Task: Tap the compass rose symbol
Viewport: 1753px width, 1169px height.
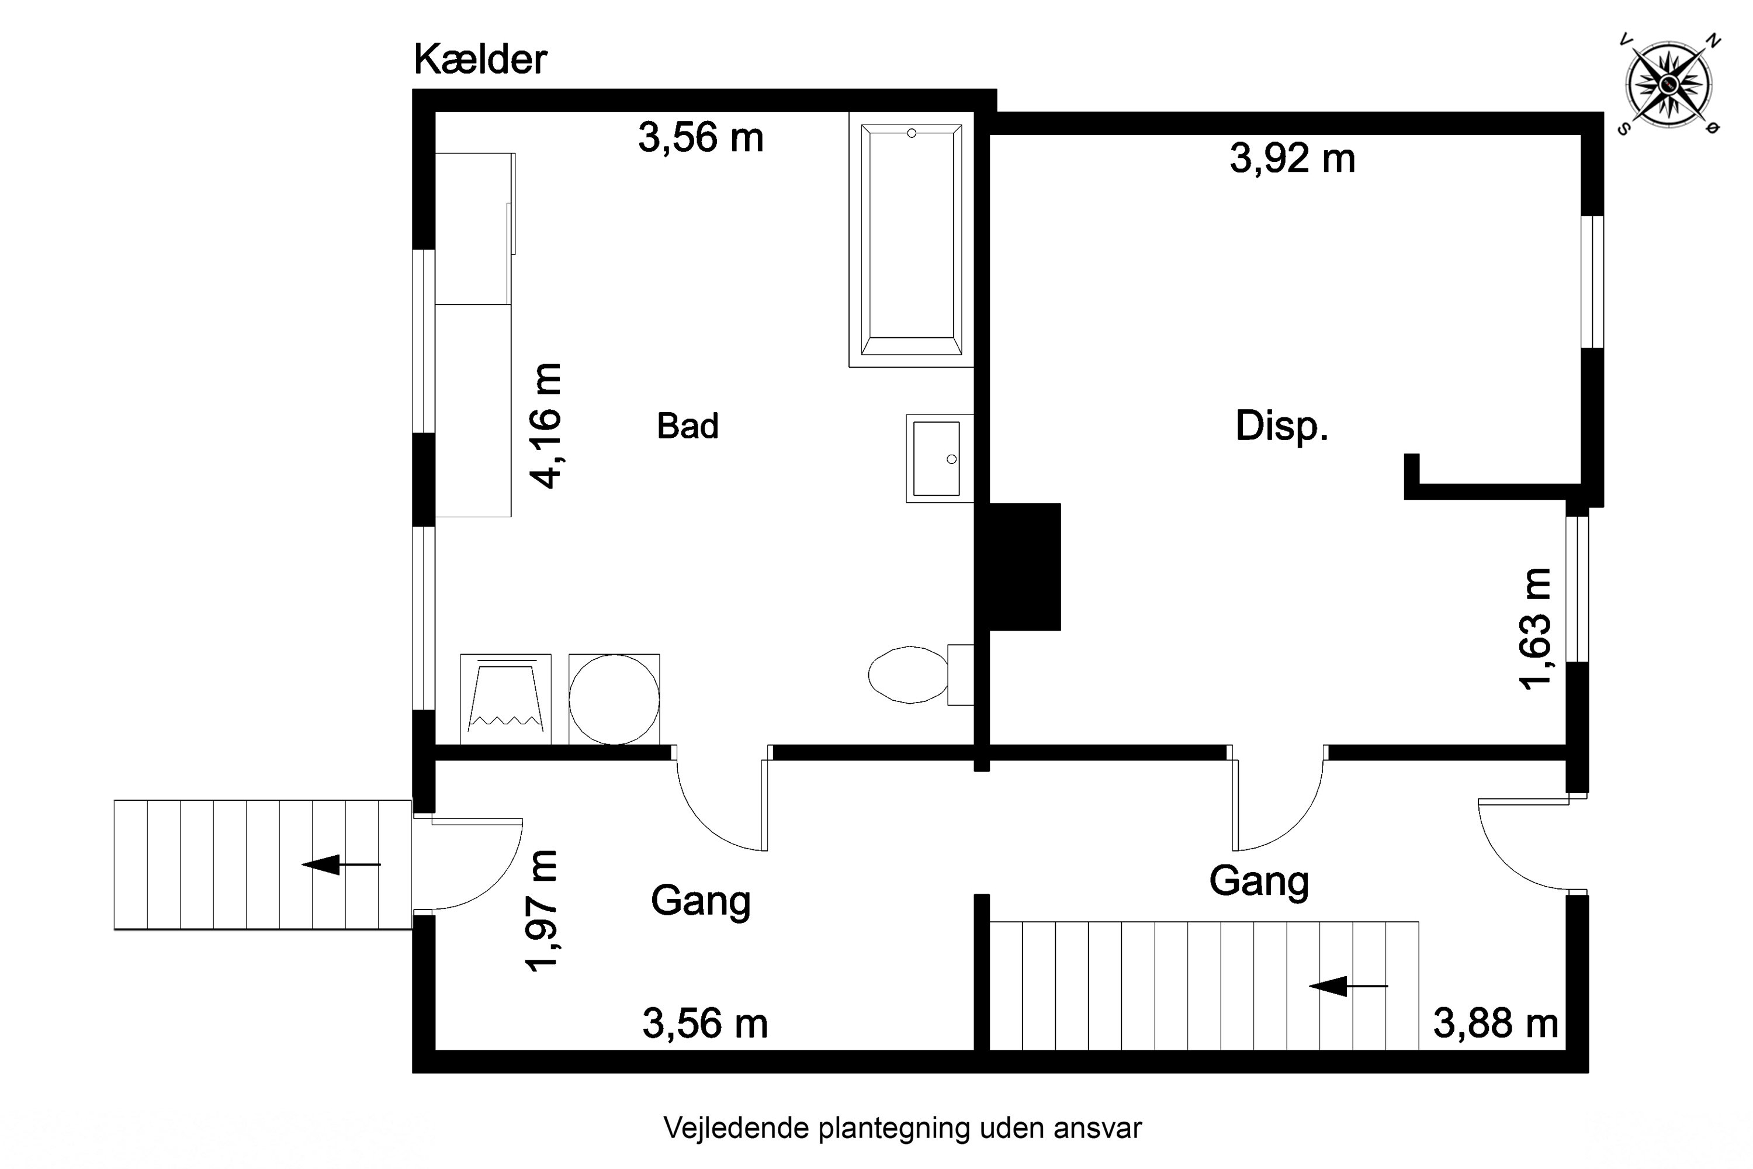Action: pos(1669,84)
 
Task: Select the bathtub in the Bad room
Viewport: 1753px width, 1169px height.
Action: pos(911,240)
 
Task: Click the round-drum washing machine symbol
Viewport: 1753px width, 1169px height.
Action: pos(614,699)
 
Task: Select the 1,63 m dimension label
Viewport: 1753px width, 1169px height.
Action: pos(1536,628)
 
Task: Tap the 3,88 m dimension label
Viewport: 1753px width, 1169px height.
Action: pos(1495,1023)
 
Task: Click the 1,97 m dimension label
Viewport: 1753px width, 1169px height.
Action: pos(542,911)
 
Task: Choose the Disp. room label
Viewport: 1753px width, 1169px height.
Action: pos(1281,427)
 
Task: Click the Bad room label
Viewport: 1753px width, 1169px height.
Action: pos(687,427)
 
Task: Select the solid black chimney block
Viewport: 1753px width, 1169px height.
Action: pos(1023,566)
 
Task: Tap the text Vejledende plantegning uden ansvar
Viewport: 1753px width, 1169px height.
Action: pos(902,1129)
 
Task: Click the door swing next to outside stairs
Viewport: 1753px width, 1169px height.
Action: pos(470,865)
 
